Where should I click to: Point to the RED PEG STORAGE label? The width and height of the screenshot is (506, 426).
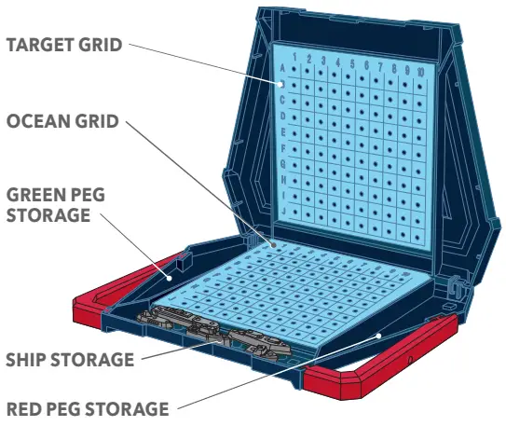point(87,408)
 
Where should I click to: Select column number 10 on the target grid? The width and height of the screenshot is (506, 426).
point(422,71)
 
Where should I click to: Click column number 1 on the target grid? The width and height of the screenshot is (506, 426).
point(295,59)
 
